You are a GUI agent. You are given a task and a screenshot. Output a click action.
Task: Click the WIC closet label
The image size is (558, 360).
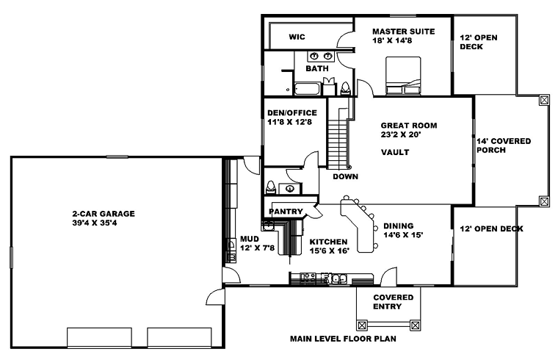[x=297, y=37]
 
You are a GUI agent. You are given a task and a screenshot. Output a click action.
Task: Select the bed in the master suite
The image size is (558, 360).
[x=403, y=76]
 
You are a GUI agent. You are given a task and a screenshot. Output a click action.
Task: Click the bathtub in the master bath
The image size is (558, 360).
[x=307, y=89]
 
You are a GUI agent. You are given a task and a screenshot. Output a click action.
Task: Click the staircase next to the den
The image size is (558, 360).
[x=337, y=140]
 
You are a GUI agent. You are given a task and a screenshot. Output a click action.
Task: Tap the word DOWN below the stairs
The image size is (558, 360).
[x=346, y=176]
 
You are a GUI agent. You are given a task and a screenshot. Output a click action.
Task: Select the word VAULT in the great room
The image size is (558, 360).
[x=395, y=152]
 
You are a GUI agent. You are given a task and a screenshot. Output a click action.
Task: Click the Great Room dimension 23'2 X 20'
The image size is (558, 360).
[x=401, y=134]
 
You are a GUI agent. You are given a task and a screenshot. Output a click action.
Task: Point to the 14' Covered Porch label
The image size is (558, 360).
[x=504, y=145]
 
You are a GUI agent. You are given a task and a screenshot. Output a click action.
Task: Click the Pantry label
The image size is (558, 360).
[x=286, y=212]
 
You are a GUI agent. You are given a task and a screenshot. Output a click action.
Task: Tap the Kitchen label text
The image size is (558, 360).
[x=328, y=242]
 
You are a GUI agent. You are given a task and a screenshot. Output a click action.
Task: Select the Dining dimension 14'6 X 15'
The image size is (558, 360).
[x=403, y=235]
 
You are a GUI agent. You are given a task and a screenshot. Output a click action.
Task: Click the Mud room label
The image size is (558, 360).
[x=250, y=239]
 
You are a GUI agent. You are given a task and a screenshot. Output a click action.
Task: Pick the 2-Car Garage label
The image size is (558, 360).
[x=104, y=214]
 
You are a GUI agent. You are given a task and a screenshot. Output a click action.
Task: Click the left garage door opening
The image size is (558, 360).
[x=99, y=337]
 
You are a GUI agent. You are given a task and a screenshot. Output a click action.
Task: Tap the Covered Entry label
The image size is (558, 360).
[x=394, y=302]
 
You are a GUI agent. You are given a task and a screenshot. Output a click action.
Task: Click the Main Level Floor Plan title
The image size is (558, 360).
[x=343, y=339]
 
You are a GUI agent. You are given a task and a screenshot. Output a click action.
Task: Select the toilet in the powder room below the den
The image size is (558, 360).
[x=271, y=187]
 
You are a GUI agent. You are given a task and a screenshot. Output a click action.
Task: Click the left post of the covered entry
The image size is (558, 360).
[x=362, y=325]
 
